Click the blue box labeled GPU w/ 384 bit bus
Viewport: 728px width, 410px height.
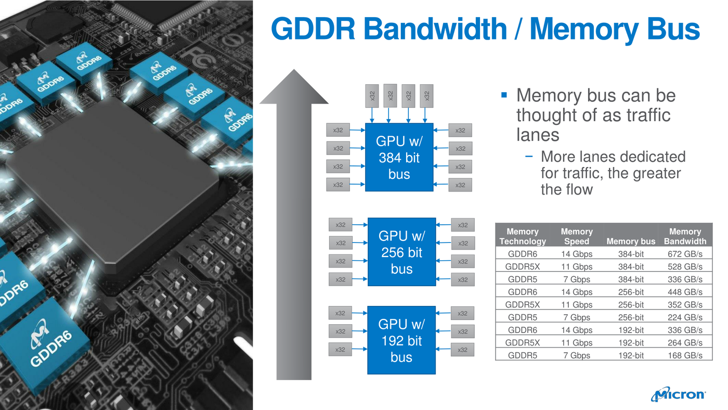pos(399,158)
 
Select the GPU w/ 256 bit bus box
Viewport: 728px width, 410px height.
pos(401,252)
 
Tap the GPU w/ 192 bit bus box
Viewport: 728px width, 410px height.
pos(401,340)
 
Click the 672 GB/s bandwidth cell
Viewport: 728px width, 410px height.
pos(685,254)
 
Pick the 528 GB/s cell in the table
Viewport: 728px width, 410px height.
pos(685,267)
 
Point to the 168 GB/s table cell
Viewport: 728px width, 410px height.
pos(685,356)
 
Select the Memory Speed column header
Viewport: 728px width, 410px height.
pos(576,236)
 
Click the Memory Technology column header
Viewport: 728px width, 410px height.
pos(522,236)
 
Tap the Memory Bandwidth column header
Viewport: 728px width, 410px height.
pos(685,236)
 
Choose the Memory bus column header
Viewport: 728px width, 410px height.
pos(630,241)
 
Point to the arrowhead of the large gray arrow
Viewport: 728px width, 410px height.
pos(294,88)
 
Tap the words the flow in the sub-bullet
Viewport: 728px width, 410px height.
pos(566,189)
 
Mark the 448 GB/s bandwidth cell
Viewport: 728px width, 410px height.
pos(685,292)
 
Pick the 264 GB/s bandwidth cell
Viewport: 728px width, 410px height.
pos(685,343)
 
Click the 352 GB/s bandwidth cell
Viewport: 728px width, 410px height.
pos(685,305)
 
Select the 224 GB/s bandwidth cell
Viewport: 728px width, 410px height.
pos(685,317)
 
